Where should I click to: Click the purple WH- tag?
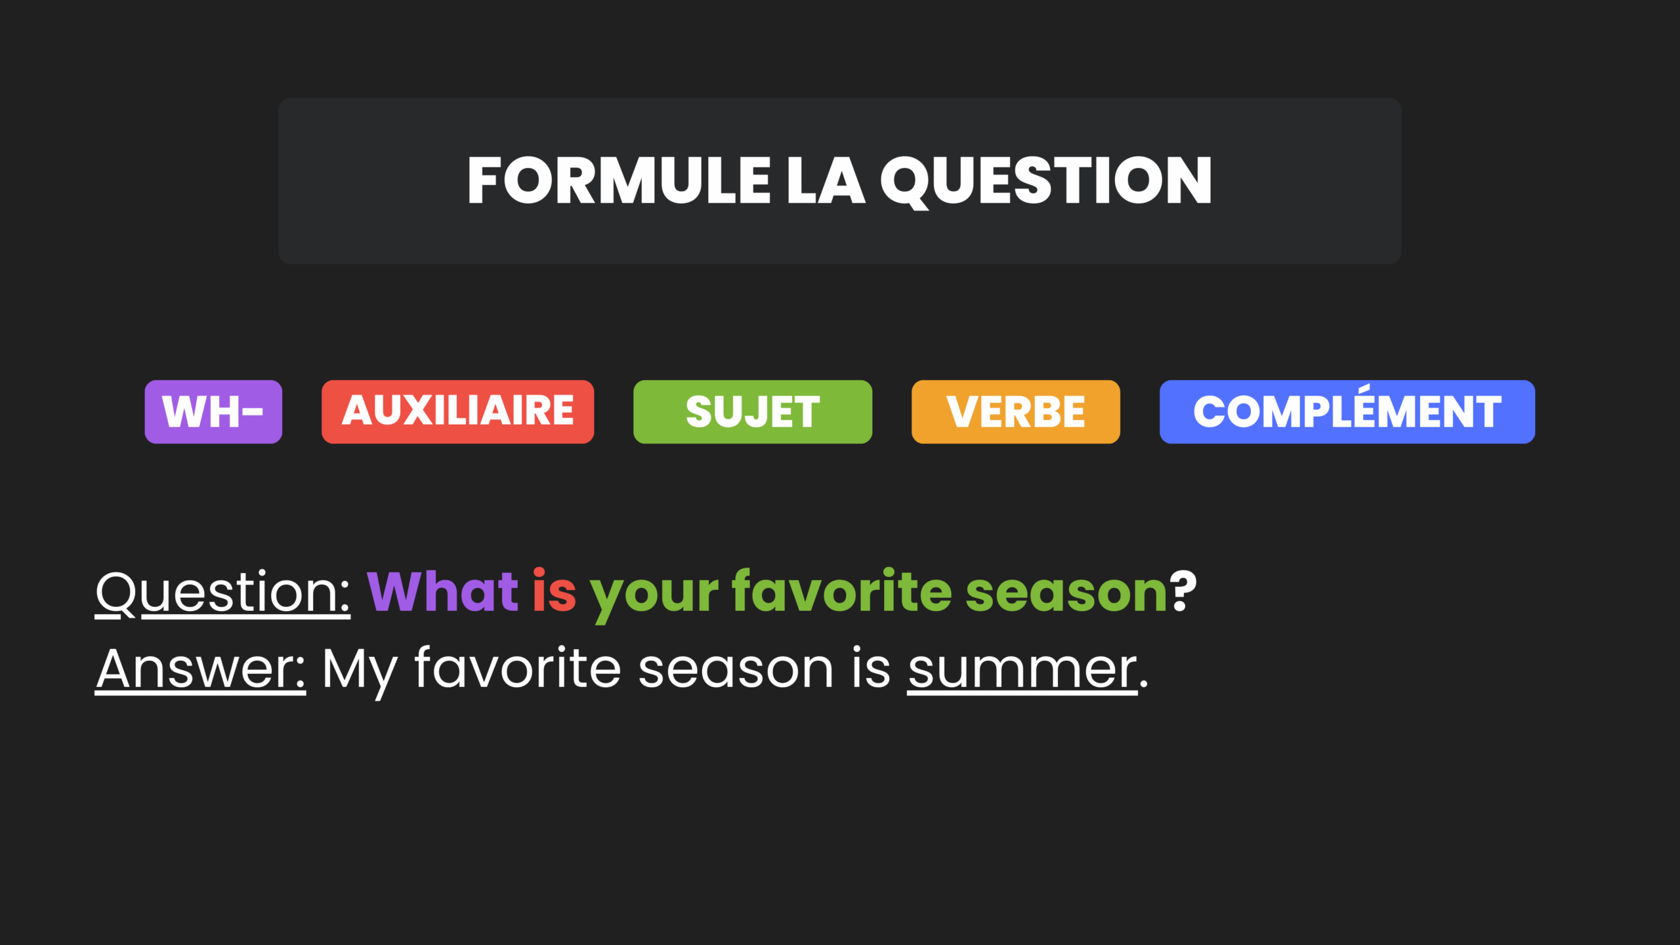(x=213, y=411)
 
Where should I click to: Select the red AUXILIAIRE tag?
(x=457, y=411)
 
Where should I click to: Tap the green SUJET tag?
(x=753, y=411)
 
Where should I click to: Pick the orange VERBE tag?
(x=1016, y=411)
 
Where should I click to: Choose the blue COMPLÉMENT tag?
(x=1347, y=411)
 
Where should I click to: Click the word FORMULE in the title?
(x=619, y=180)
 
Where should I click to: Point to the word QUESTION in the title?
(x=1046, y=182)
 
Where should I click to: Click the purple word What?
(x=442, y=591)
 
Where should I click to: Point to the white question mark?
(x=1183, y=591)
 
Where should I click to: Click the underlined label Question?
(x=223, y=593)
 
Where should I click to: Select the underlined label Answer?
(x=200, y=669)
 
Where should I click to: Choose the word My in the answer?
(x=360, y=673)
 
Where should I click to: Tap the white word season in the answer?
(x=736, y=670)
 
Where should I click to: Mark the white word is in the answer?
(x=871, y=668)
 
